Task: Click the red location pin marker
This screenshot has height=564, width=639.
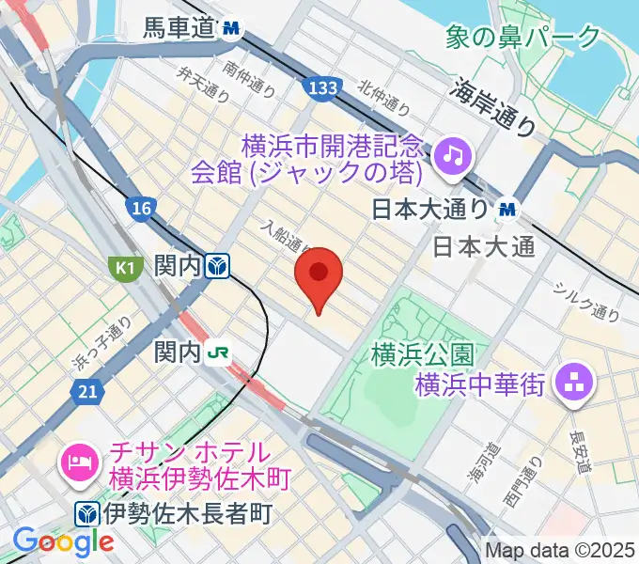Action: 319,274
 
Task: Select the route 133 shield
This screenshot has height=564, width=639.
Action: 321,87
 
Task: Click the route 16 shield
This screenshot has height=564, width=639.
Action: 142,209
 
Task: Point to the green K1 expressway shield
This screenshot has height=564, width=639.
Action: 123,267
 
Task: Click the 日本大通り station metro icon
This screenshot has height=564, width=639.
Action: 508,209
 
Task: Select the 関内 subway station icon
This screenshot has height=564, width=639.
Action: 219,267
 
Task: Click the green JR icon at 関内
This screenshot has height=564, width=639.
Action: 219,353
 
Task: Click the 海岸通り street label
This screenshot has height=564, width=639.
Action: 492,107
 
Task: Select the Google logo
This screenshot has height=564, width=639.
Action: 63,541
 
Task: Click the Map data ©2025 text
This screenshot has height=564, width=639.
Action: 560,550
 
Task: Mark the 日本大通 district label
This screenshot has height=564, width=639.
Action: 484,247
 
